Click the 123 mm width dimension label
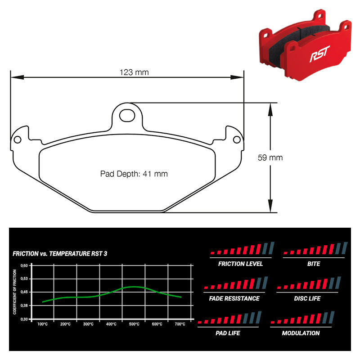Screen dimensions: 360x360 point(134,72)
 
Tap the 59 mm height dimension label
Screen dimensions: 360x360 point(270,158)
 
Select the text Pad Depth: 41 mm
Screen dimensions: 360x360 point(134,174)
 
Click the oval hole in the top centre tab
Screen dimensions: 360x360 point(127,115)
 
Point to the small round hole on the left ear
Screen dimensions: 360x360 point(18,139)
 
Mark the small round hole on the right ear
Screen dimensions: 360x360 point(237,139)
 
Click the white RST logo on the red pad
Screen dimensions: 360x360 point(319,54)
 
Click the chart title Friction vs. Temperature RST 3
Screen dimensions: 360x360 point(60,254)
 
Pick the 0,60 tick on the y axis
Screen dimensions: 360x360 point(24,265)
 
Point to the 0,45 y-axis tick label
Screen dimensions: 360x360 point(24,292)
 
